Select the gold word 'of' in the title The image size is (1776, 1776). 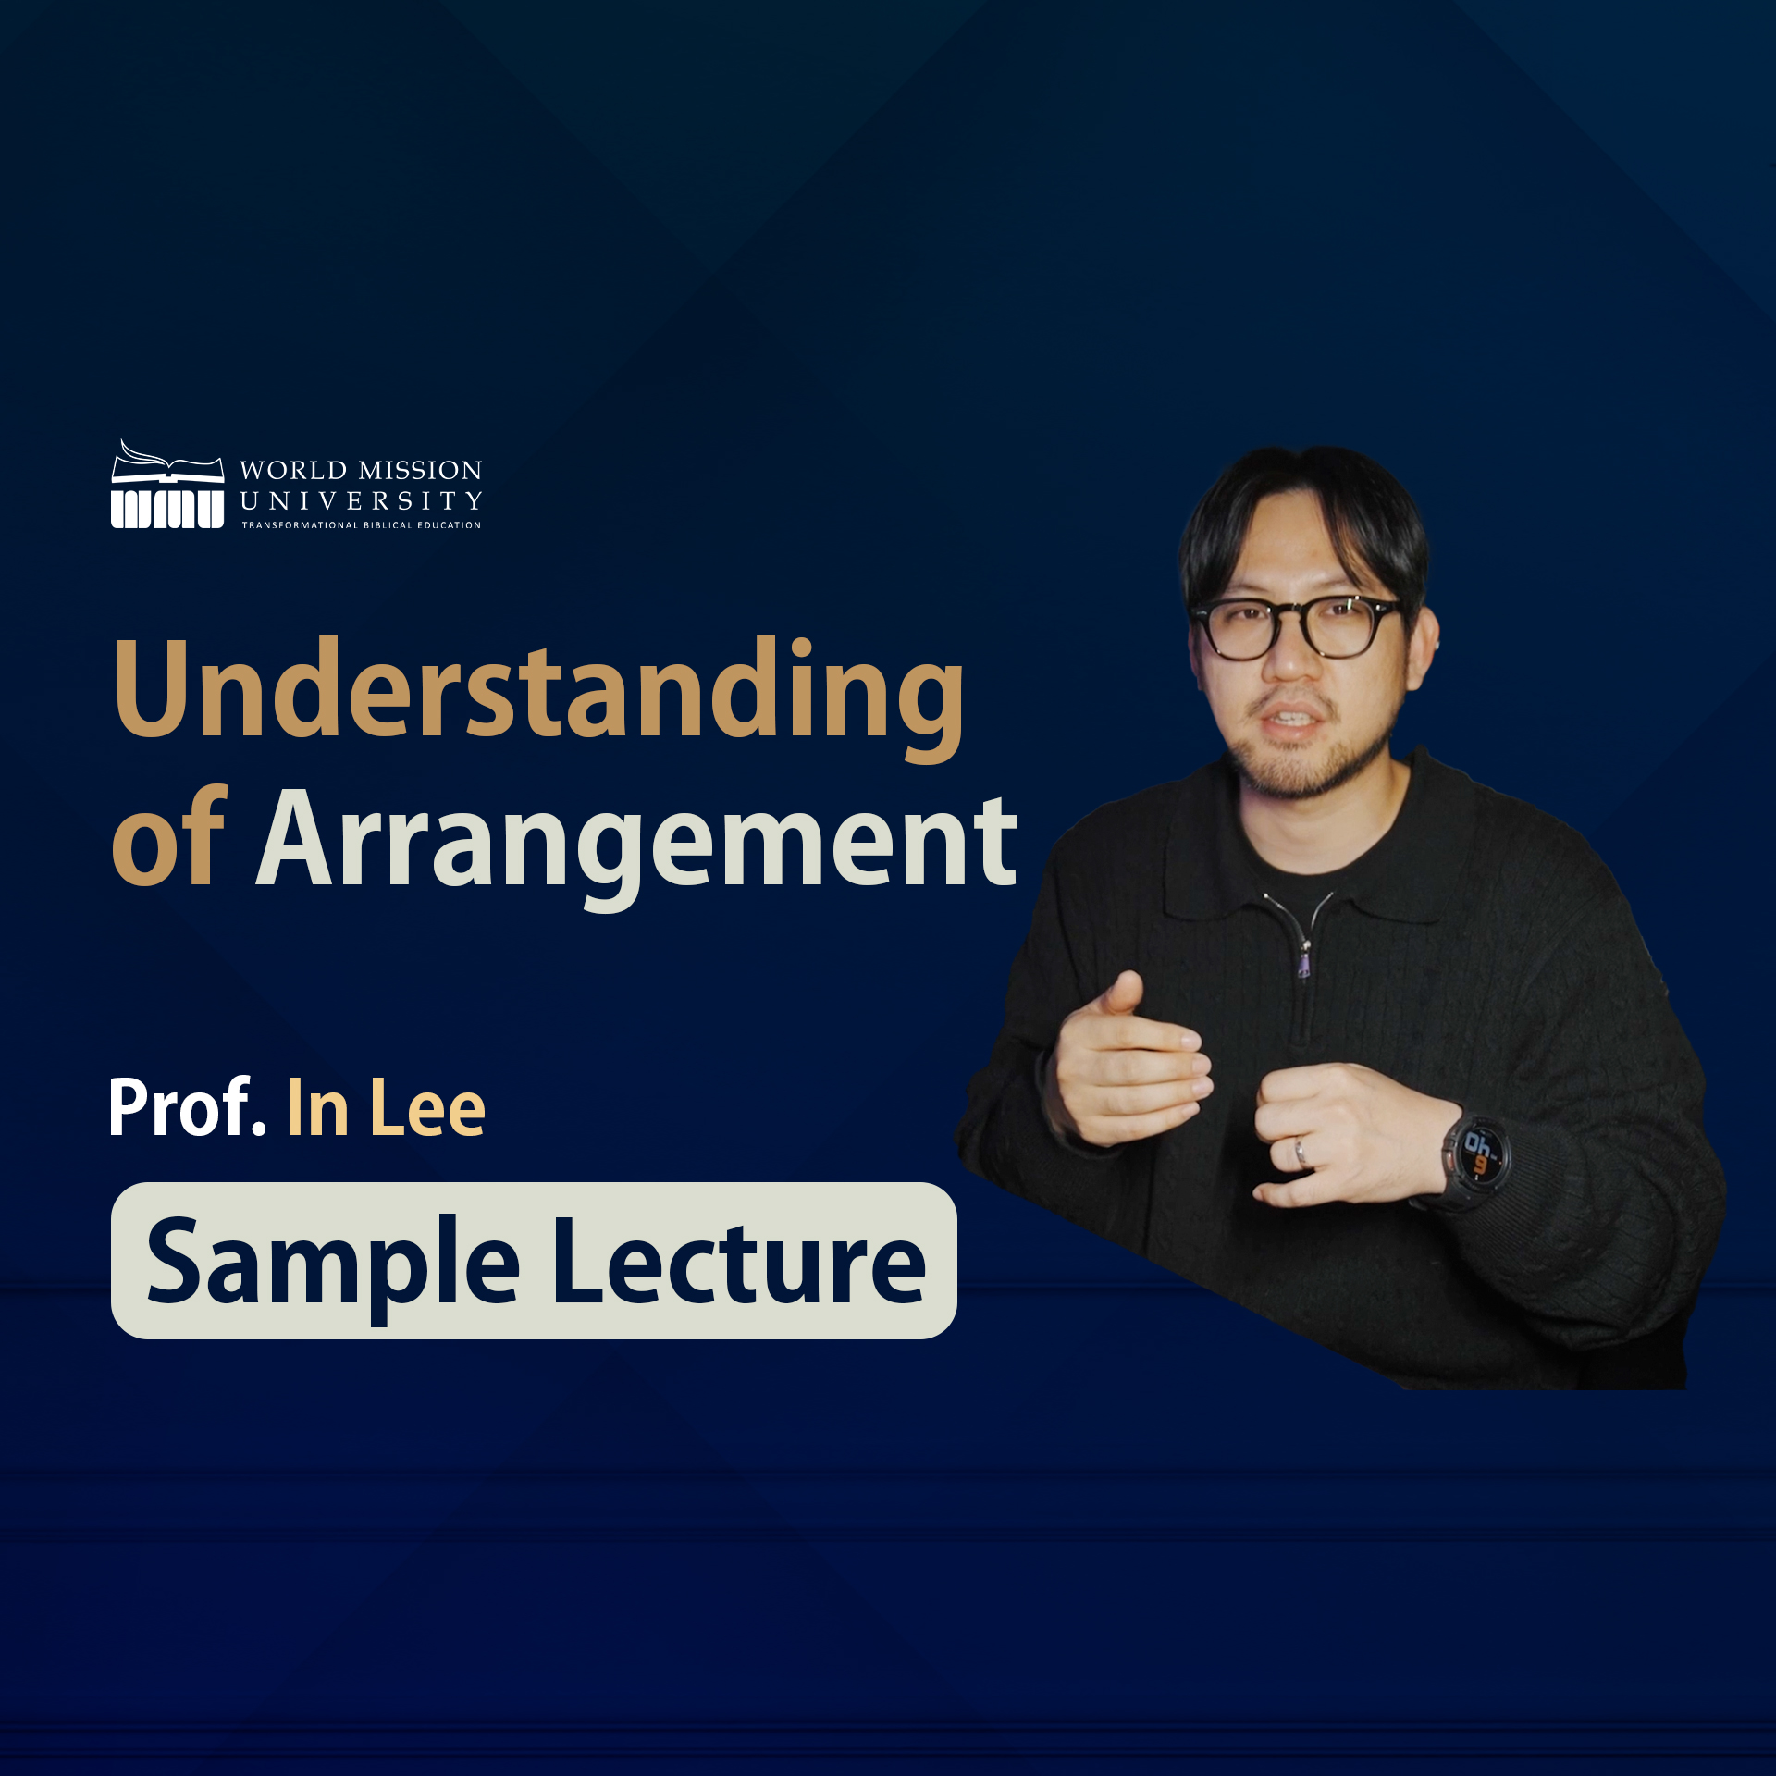169,838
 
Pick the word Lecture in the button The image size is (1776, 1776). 740,1262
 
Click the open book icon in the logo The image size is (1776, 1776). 167,462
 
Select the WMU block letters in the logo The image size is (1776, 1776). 167,509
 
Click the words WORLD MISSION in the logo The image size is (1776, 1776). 361,470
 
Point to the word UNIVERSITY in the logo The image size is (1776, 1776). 361,500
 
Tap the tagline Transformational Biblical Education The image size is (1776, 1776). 362,524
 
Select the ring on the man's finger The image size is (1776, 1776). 1301,1153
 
